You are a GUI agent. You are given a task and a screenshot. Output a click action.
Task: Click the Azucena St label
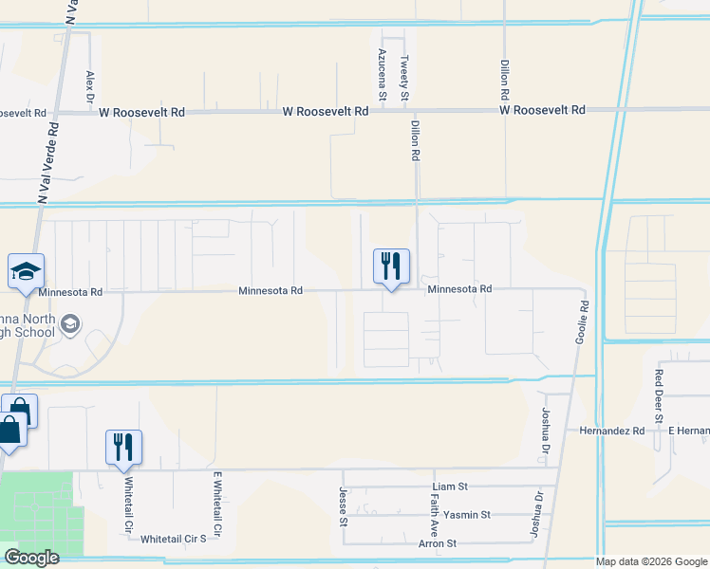click(x=383, y=75)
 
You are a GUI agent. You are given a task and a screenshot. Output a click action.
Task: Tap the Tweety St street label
click(x=404, y=79)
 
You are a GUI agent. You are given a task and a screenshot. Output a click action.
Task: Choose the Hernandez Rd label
click(x=612, y=431)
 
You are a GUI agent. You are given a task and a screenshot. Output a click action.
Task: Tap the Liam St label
click(x=450, y=486)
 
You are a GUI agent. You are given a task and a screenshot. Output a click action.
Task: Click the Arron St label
click(x=438, y=543)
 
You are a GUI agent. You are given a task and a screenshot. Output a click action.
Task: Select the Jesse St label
click(x=343, y=504)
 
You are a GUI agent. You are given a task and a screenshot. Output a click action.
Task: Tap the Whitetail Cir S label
click(x=174, y=539)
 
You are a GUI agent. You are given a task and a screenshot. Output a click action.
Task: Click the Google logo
click(x=31, y=558)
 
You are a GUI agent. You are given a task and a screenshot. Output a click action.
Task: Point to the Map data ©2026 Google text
click(x=651, y=561)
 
